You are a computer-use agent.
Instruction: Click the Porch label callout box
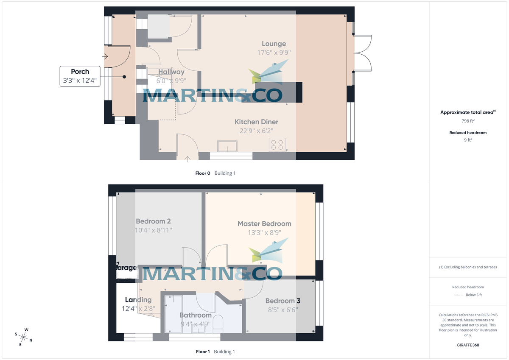[80, 76]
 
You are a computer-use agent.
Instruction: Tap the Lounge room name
[274, 44]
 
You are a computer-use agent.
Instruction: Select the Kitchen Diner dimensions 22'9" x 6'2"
[257, 131]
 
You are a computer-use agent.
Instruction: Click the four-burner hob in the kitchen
[277, 145]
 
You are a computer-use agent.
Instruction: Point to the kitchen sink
[228, 146]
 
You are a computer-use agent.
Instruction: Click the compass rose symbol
[24, 337]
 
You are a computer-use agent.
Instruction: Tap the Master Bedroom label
[264, 223]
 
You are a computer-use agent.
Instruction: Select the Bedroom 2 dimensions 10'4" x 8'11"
[153, 230]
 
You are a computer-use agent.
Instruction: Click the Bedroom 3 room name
[283, 301]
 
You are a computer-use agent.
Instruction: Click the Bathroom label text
[195, 315]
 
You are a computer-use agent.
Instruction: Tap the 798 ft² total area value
[468, 121]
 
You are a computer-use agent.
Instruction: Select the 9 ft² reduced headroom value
[468, 139]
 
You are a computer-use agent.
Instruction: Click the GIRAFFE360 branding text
[468, 345]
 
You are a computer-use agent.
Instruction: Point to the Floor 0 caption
[203, 173]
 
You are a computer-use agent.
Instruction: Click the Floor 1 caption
[203, 352]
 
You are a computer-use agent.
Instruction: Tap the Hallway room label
[171, 72]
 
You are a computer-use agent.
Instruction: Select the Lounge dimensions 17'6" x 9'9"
[274, 53]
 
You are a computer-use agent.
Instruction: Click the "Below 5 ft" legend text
[474, 295]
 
